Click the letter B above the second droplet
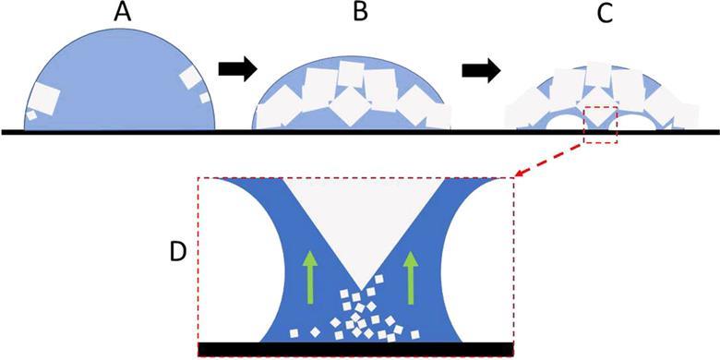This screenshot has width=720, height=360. pos(351,16)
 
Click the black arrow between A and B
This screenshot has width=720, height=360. pos(236,69)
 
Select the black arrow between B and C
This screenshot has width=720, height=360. pos(480,70)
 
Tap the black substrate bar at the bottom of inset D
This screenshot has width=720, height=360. pos(356,349)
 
